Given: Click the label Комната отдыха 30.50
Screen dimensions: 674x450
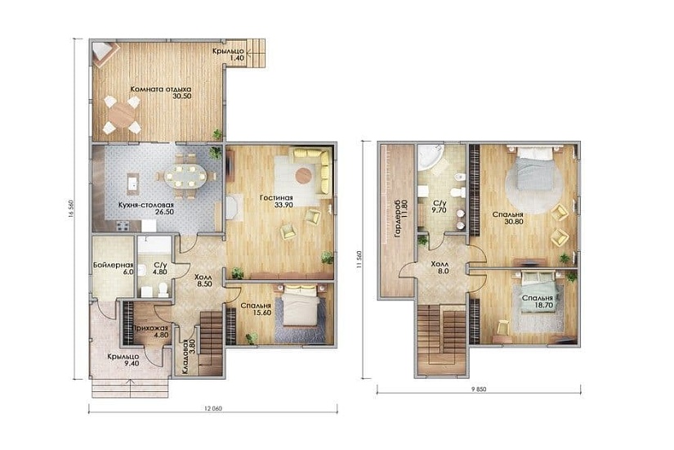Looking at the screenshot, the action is pos(161,92).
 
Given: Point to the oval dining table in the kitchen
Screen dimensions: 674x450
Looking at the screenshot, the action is pos(185,176).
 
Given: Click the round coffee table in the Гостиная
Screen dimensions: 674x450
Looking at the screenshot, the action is pos(303,175).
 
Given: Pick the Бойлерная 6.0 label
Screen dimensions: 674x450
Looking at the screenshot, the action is pos(114,268).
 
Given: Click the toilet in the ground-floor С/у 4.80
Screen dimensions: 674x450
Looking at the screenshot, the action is pos(163,290).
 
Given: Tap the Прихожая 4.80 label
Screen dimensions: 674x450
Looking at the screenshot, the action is pos(150,331).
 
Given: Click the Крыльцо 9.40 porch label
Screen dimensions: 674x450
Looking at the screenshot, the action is pos(123,360).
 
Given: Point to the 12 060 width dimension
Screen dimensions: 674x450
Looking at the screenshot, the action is pos(213,408).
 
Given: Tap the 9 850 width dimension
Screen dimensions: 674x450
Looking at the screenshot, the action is pos(479,389).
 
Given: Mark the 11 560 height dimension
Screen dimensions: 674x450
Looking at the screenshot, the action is pos(359,260).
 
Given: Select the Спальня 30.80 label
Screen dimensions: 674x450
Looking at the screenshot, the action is pos(507,218).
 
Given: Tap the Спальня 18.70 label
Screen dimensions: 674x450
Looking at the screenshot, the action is pos(538,301).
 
